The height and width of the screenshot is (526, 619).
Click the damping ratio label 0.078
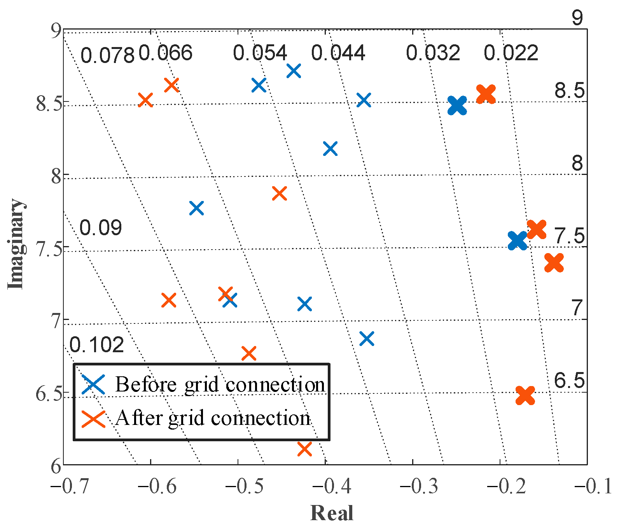pyautogui.click(x=107, y=55)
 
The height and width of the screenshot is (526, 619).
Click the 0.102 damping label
pyautogui.click(x=97, y=344)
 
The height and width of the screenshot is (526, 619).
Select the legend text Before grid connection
pyautogui.click(x=220, y=384)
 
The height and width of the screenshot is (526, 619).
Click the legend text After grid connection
pyautogui.click(x=213, y=418)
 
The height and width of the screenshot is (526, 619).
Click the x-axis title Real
pyautogui.click(x=332, y=513)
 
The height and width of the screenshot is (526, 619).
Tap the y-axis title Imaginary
pyautogui.click(x=16, y=244)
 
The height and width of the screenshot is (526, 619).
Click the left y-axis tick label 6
pyautogui.click(x=56, y=466)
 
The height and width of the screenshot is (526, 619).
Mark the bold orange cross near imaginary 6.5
pyautogui.click(x=525, y=395)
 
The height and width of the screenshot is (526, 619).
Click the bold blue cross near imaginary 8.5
pyautogui.click(x=457, y=105)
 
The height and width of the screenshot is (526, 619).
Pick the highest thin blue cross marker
pyautogui.click(x=294, y=71)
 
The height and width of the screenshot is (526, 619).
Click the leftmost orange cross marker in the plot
pyautogui.click(x=145, y=100)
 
